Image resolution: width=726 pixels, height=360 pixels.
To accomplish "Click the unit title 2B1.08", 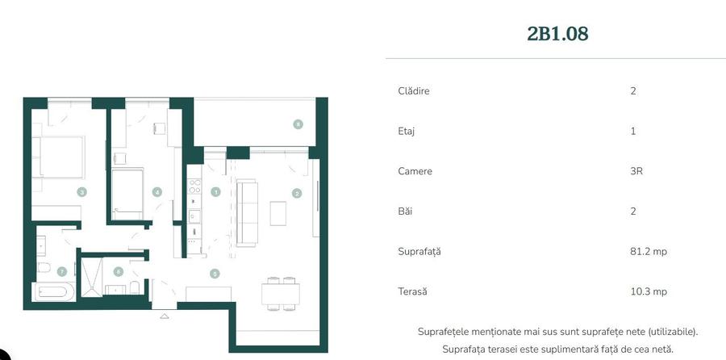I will (557, 34).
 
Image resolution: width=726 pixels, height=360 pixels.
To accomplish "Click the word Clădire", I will (413, 91).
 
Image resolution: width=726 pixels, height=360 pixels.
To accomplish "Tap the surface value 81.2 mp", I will (649, 252).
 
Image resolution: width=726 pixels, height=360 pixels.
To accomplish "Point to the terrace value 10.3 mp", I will (649, 292).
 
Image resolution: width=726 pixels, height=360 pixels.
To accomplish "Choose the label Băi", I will (405, 211).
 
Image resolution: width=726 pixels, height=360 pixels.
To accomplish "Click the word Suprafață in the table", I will (419, 252).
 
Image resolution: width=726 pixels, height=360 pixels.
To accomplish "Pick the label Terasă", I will (412, 292).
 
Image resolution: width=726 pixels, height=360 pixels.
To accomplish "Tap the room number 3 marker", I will (81, 192).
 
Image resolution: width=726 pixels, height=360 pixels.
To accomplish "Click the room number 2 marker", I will (297, 193).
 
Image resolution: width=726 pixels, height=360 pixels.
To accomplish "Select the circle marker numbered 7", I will (61, 271).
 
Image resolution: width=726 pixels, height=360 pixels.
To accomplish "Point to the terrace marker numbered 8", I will (298, 124).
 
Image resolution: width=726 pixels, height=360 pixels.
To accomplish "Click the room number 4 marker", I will (157, 192).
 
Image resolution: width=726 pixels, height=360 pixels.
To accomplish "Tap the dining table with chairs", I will (280, 291).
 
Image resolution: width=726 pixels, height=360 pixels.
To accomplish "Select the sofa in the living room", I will (247, 212).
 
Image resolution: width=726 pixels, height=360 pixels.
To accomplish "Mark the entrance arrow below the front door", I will (165, 316).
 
